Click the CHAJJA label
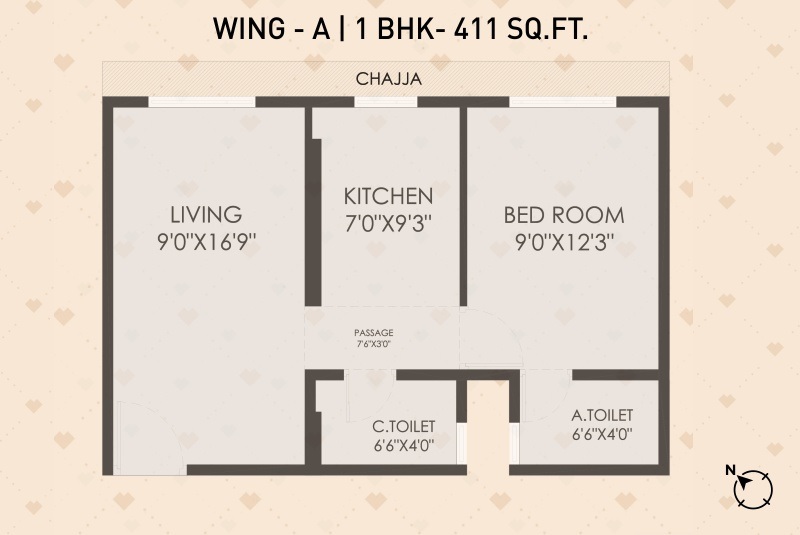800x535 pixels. (389, 79)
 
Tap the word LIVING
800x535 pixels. (206, 215)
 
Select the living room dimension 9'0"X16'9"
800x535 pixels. (206, 242)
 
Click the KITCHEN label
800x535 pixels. (388, 196)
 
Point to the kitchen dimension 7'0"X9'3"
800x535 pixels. (388, 223)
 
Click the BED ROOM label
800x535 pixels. (564, 215)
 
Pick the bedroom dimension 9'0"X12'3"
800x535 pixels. (564, 242)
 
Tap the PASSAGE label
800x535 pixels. (374, 333)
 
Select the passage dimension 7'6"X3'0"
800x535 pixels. (374, 344)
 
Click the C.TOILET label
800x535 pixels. (404, 426)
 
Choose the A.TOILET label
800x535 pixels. (602, 415)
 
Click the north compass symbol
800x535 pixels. (753, 490)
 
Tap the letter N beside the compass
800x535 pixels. (731, 470)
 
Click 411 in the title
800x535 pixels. (476, 29)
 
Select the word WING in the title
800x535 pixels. (249, 29)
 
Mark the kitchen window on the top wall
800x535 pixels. (386, 101)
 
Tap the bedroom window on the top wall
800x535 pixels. (563, 101)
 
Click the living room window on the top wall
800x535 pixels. (202, 101)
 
